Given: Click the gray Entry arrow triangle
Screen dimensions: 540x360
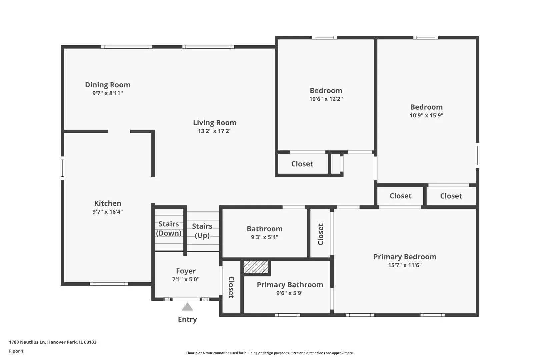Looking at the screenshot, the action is click(187, 307).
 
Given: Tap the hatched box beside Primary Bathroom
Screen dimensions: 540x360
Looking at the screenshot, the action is click(256, 267).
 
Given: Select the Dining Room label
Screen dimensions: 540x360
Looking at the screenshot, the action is click(108, 85).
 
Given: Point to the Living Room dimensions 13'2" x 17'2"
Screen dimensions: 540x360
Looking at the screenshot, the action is click(215, 131).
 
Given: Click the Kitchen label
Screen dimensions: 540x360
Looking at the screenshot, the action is click(108, 203).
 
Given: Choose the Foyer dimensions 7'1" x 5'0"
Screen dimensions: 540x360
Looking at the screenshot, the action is click(186, 279).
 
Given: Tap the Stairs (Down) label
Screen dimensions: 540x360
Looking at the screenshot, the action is click(169, 228).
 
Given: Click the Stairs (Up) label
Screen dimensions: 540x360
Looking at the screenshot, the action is click(202, 231).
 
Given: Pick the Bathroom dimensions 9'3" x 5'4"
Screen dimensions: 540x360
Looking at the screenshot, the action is click(264, 237).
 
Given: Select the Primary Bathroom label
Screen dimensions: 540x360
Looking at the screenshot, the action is click(290, 285).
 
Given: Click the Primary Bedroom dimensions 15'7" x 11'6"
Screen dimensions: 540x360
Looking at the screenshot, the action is click(405, 265).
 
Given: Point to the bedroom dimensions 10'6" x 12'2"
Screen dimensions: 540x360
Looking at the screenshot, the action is click(326, 99).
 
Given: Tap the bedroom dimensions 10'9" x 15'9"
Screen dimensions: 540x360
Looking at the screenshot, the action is click(426, 115).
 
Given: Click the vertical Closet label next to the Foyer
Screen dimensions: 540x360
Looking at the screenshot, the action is click(231, 287).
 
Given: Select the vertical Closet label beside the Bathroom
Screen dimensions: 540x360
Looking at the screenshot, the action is click(320, 234).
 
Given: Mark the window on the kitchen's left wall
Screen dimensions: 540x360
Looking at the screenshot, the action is click(62, 168).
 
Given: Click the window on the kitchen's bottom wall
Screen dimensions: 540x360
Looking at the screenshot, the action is click(109, 284).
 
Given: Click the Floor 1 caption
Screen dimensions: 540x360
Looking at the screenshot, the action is click(16, 351).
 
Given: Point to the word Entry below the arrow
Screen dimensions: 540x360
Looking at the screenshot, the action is click(187, 319).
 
